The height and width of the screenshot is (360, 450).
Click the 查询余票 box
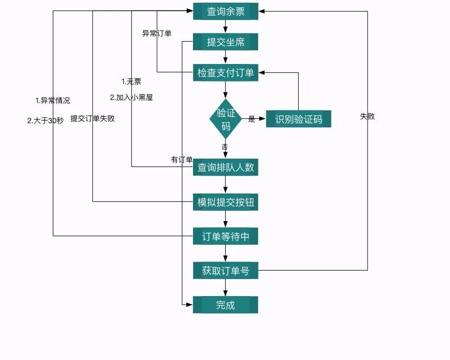coord(225,12)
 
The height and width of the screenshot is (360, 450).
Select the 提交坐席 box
coord(225,42)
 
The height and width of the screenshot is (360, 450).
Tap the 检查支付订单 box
coord(225,73)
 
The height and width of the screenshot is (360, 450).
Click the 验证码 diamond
coord(226,119)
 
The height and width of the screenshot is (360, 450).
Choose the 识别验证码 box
coord(298,119)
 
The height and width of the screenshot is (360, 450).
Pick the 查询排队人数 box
coord(225,168)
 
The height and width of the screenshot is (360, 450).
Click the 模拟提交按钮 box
coord(225,202)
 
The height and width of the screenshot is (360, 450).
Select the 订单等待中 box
coord(225,236)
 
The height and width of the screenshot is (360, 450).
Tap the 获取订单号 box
coord(225,271)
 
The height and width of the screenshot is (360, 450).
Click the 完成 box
coord(225,305)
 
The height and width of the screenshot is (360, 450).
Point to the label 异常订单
coord(157,33)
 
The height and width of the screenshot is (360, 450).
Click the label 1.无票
coord(131,81)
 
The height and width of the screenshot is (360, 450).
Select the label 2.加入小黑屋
coord(131,97)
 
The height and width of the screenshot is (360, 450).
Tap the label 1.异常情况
coord(52,100)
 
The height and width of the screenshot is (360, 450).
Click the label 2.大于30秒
coord(45,120)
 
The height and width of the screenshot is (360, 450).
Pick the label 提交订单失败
coord(93,118)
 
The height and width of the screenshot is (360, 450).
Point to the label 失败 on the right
coord(368,116)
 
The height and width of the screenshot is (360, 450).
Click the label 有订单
coord(181,160)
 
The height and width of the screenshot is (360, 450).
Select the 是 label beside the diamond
coord(252,119)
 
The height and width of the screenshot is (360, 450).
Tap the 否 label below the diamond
coord(225,146)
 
